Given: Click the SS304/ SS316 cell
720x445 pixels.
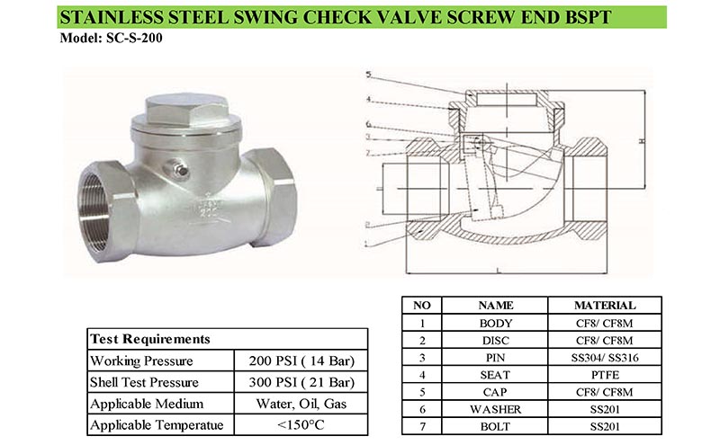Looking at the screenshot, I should [604, 357].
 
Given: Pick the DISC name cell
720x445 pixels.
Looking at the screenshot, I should [495, 340].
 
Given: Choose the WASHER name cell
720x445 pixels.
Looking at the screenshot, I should [495, 408].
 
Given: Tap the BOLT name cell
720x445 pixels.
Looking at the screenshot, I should [495, 425].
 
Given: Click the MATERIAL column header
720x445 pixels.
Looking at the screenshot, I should [604, 306].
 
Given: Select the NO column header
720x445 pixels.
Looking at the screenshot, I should [421, 306].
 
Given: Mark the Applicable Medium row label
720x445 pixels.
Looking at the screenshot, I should [148, 403].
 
